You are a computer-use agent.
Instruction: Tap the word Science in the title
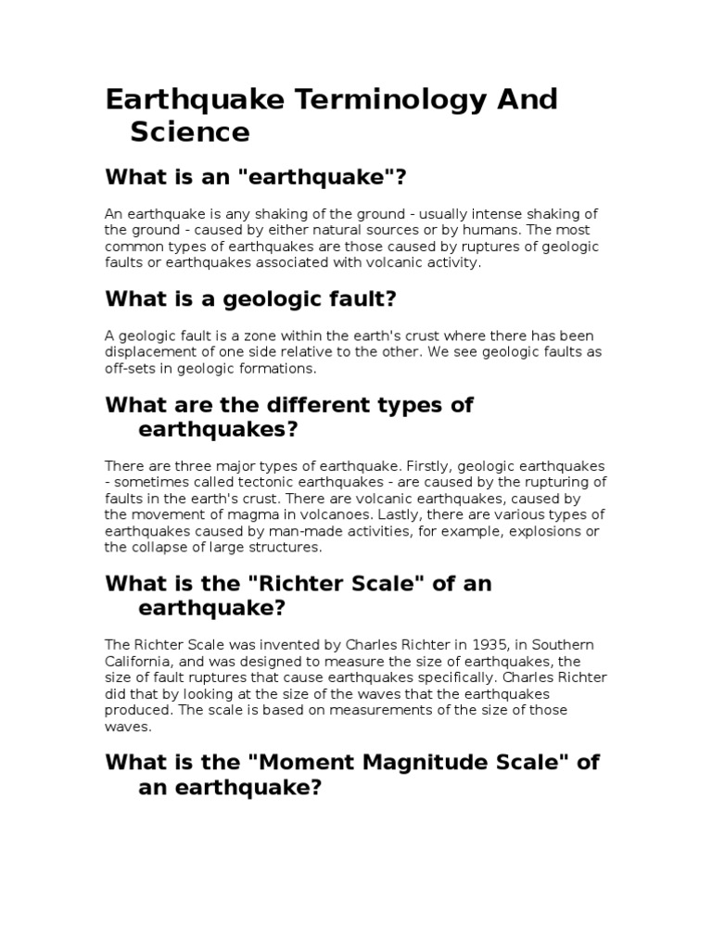[x=189, y=133]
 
